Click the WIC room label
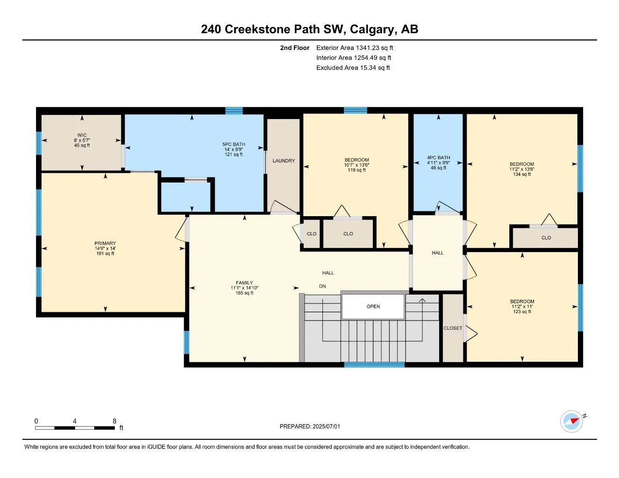click(x=82, y=135)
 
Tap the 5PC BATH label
click(x=234, y=144)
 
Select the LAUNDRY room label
click(x=284, y=161)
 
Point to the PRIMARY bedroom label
click(x=105, y=243)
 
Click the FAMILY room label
click(x=244, y=282)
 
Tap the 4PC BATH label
click(x=438, y=157)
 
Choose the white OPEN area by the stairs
click(x=373, y=306)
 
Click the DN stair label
click(x=322, y=286)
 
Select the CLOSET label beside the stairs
click(x=453, y=328)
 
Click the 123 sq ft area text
click(x=522, y=311)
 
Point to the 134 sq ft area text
click(x=522, y=174)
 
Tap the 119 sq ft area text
click(x=356, y=170)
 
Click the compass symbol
click(x=571, y=422)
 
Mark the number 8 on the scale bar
click(x=114, y=421)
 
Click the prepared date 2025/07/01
click(x=327, y=427)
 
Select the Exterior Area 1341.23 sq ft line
click(x=355, y=48)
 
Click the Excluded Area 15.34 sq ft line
click(x=353, y=68)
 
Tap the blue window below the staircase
click(x=374, y=365)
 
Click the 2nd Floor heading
click(x=294, y=48)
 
